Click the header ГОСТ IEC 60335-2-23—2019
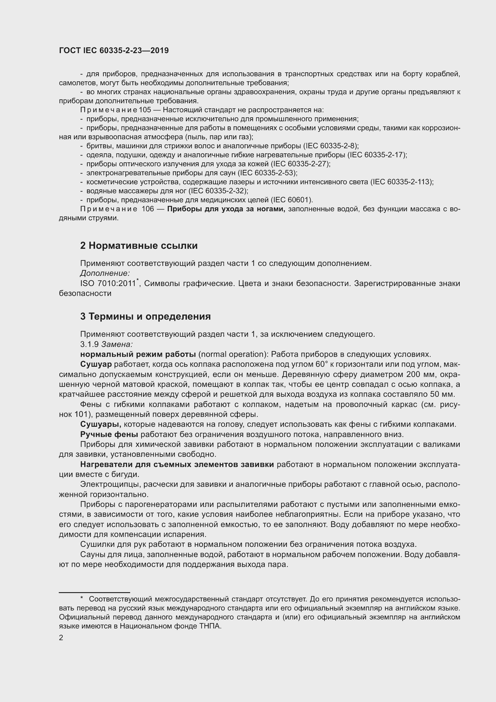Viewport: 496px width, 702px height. click(x=114, y=51)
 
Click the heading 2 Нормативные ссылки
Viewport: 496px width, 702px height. click(x=139, y=246)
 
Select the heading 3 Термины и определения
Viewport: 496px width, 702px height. click(x=145, y=316)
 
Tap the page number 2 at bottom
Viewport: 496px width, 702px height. click(x=61, y=638)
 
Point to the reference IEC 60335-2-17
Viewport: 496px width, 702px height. click(x=377, y=155)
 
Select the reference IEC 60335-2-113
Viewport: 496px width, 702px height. click(x=401, y=182)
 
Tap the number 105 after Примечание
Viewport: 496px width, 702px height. click(x=145, y=110)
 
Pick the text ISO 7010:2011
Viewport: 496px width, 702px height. click(x=108, y=284)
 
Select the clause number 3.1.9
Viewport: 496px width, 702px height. click(x=89, y=344)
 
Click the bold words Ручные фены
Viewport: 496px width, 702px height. click(x=109, y=435)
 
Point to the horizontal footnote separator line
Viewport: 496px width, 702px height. click(x=94, y=592)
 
